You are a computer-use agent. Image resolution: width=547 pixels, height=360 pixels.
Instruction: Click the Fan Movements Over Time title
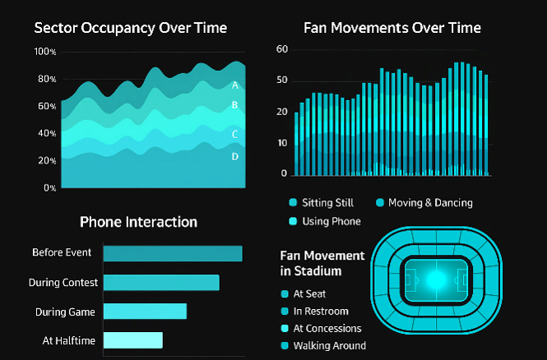coord(392,28)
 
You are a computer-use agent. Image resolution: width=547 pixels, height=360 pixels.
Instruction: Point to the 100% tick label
coord(45,52)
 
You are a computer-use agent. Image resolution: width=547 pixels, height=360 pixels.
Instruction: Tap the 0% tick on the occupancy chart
coord(49,187)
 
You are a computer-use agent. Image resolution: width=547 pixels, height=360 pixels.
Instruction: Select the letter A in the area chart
coord(235,85)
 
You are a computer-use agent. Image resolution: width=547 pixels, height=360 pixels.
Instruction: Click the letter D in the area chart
coord(235,156)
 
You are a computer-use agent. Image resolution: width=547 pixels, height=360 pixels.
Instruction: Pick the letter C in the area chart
coord(235,134)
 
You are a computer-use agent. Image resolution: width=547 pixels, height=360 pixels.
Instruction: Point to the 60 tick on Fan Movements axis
coord(282,49)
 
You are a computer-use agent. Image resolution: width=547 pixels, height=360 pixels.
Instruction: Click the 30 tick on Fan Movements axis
coord(282,112)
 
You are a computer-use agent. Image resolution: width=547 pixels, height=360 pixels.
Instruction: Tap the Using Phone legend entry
coord(325,221)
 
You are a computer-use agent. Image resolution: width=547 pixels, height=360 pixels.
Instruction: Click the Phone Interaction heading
coord(138,222)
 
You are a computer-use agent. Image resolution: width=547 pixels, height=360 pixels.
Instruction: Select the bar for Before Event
coord(172,253)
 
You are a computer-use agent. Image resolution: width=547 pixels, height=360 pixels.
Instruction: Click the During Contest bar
coord(160,283)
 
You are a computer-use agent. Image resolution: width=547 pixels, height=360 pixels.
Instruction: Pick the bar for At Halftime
coord(132,340)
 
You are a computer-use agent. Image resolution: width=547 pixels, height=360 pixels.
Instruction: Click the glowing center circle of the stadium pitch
coord(436,279)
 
